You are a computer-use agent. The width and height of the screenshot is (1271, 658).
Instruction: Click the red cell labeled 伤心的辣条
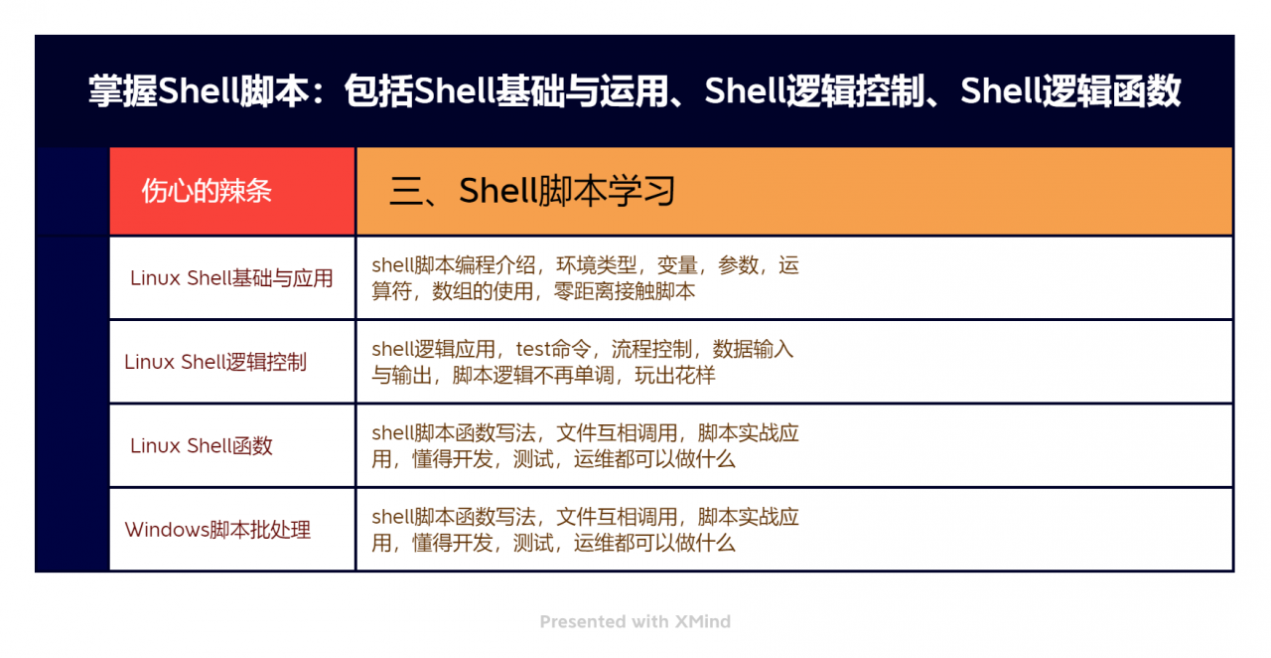coord(207,191)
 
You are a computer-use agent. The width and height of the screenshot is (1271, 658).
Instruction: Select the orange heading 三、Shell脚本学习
coord(532,191)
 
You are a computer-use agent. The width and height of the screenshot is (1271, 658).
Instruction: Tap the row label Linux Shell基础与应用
coord(231,278)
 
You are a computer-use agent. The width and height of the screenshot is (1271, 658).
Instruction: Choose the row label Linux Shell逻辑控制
coord(215,362)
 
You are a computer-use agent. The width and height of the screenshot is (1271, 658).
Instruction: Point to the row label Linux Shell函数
coord(202,445)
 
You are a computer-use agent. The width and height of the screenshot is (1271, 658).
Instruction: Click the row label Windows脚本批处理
coord(217,530)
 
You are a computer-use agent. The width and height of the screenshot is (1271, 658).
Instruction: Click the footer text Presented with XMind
coord(635,622)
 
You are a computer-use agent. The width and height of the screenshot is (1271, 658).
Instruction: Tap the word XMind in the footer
coord(702,622)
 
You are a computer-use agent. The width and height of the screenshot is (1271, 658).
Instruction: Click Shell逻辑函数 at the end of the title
coord(1070,91)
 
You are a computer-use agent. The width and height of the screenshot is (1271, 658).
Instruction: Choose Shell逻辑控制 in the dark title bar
coord(814,91)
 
